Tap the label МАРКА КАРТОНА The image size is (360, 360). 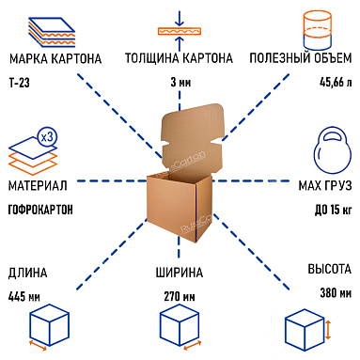[x=55, y=59]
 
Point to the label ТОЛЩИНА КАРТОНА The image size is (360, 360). [x=179, y=59]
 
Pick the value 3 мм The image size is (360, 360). [x=179, y=84]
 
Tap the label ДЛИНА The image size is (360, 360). [x=25, y=274]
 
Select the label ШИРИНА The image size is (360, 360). [x=179, y=274]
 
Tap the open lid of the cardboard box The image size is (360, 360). [x=183, y=141]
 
